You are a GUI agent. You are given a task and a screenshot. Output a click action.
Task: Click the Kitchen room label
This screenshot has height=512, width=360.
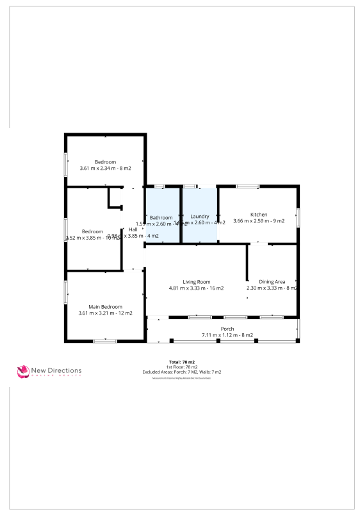click(259, 215)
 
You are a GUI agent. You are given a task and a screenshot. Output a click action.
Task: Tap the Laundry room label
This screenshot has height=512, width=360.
click(200, 217)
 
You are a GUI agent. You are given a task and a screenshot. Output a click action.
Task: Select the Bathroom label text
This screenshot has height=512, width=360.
click(161, 218)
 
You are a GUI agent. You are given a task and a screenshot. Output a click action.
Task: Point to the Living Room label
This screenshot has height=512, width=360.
click(197, 281)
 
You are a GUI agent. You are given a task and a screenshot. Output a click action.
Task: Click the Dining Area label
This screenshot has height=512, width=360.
click(272, 281)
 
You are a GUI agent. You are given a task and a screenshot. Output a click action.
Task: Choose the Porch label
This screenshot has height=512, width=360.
click(227, 329)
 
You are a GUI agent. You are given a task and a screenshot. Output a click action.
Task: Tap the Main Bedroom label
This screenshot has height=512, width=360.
click(105, 306)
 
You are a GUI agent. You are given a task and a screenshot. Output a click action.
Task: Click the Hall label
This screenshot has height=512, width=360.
click(133, 229)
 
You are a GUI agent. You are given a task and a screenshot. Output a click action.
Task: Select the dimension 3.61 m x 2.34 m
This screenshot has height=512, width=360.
click(105, 168)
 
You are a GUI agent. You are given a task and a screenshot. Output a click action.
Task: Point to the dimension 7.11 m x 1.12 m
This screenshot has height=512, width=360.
click(227, 335)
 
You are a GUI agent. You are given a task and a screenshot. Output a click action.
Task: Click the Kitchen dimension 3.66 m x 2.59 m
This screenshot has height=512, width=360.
click(259, 221)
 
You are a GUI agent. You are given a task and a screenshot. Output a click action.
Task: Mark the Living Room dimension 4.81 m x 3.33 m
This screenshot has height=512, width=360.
click(196, 288)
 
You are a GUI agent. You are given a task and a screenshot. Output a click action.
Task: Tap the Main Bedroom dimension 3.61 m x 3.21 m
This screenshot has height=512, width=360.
click(105, 313)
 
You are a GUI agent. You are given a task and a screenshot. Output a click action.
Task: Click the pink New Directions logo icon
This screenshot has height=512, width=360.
click(24, 371)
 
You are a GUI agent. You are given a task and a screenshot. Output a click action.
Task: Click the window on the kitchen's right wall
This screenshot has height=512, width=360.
click(298, 217)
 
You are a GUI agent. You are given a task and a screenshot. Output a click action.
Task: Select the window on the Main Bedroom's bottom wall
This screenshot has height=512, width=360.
click(105, 341)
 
